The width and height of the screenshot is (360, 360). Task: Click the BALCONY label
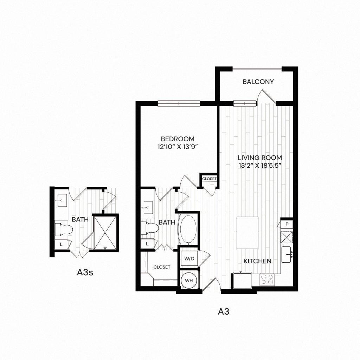point(258,82)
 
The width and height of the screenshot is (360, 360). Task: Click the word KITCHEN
point(258,261)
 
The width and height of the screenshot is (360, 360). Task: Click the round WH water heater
point(189,281)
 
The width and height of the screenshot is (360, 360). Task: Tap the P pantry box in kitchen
point(287,224)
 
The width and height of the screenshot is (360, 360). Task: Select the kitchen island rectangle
point(247,233)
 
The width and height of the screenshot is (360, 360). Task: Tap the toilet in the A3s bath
point(63,229)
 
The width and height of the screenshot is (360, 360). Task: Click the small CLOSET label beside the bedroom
point(209,179)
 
